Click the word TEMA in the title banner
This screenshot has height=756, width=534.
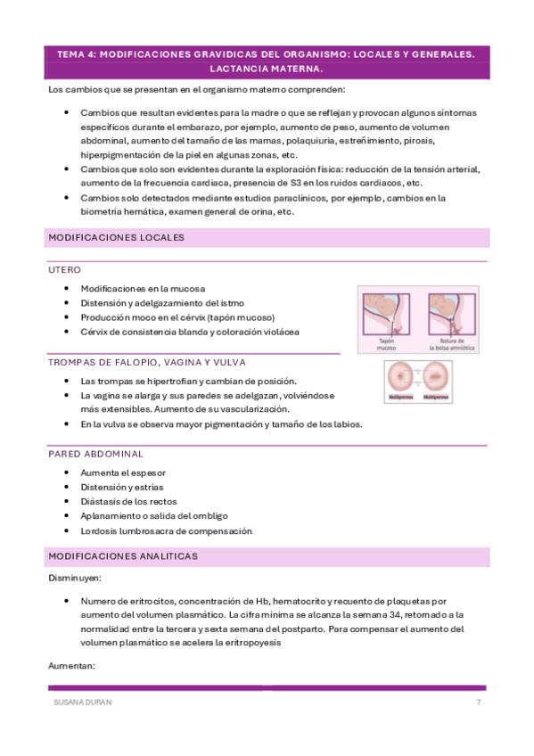click(x=68, y=54)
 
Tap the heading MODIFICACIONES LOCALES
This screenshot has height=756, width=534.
click(x=116, y=238)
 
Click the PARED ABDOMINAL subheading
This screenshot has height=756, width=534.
click(x=96, y=454)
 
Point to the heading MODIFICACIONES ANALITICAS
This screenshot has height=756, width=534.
click(x=123, y=556)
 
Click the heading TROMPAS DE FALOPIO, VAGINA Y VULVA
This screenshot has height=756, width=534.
click(x=147, y=362)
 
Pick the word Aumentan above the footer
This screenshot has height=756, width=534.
click(x=70, y=666)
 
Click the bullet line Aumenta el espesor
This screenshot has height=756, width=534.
click(x=123, y=472)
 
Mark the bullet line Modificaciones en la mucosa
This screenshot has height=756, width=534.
click(x=143, y=289)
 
